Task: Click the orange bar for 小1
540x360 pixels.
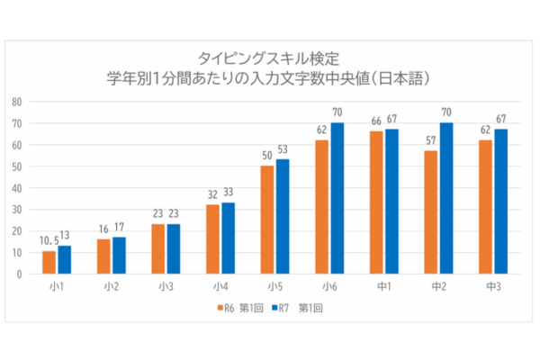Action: pyautogui.click(x=49, y=262)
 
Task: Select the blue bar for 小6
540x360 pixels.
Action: pyautogui.click(x=337, y=198)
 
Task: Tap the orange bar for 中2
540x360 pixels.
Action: pyautogui.click(x=431, y=212)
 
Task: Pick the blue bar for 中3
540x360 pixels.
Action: pyautogui.click(x=500, y=202)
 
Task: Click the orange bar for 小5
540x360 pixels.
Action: pyautogui.click(x=267, y=220)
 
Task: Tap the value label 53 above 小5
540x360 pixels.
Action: pyautogui.click(x=283, y=150)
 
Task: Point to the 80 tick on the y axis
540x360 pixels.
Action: pyautogui.click(x=17, y=101)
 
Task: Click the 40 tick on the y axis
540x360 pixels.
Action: pyautogui.click(x=17, y=187)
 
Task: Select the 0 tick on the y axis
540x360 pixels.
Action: pyautogui.click(x=19, y=274)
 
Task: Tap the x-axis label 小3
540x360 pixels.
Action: pyautogui.click(x=166, y=287)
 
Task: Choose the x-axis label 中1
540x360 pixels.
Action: pyautogui.click(x=384, y=287)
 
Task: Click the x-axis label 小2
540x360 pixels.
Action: pyautogui.click(x=112, y=287)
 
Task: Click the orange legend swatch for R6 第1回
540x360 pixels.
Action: pyautogui.click(x=220, y=307)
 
